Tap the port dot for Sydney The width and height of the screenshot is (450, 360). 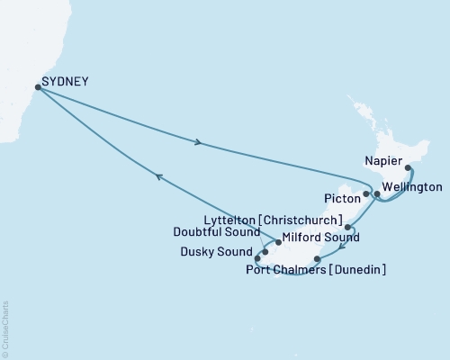point(38,87)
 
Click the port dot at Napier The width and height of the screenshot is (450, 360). point(408,167)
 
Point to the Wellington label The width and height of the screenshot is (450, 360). point(411,187)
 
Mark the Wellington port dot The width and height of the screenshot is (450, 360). point(377,194)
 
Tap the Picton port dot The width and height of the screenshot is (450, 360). point(365,193)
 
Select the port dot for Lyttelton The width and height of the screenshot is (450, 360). point(348,228)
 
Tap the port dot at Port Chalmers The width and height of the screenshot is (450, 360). point(316,258)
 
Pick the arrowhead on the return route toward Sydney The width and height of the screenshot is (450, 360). point(159,178)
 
